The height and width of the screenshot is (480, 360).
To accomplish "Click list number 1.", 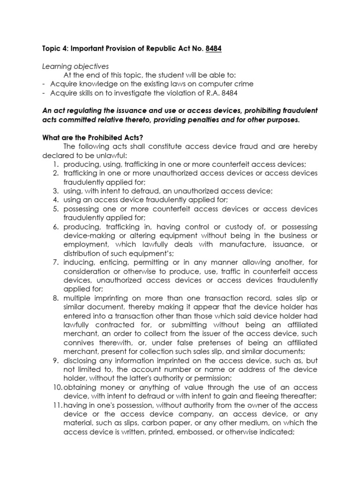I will tap(55, 164).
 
